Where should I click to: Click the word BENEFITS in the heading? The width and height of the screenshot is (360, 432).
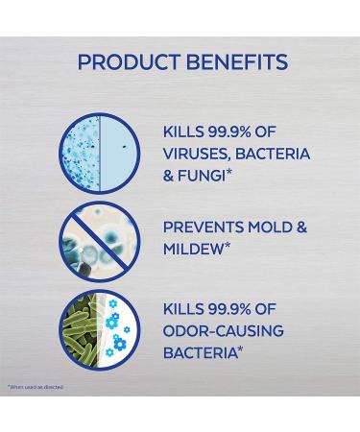(x=233, y=62)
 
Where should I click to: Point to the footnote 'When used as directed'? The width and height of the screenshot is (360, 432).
(x=35, y=385)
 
